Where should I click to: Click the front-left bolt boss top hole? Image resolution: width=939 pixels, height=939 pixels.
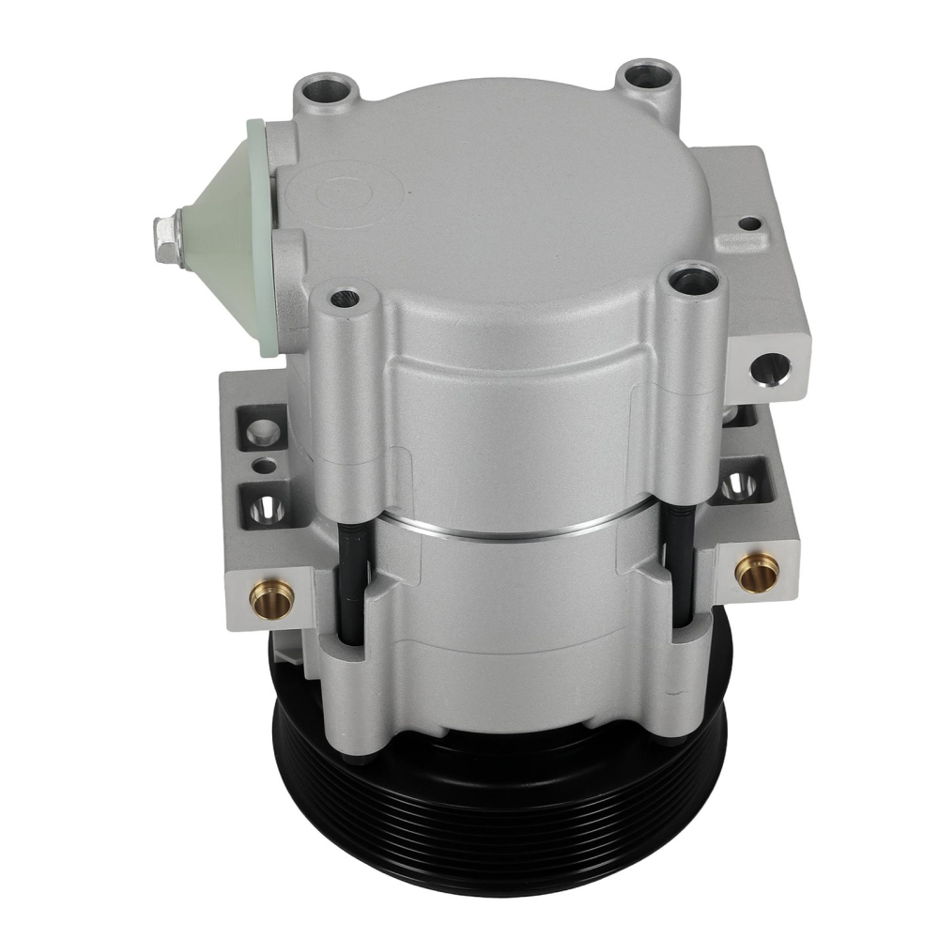point(345,299)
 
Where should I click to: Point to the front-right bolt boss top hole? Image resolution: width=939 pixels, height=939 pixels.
point(691,279)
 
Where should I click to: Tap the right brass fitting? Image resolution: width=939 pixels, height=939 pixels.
point(757,571)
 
